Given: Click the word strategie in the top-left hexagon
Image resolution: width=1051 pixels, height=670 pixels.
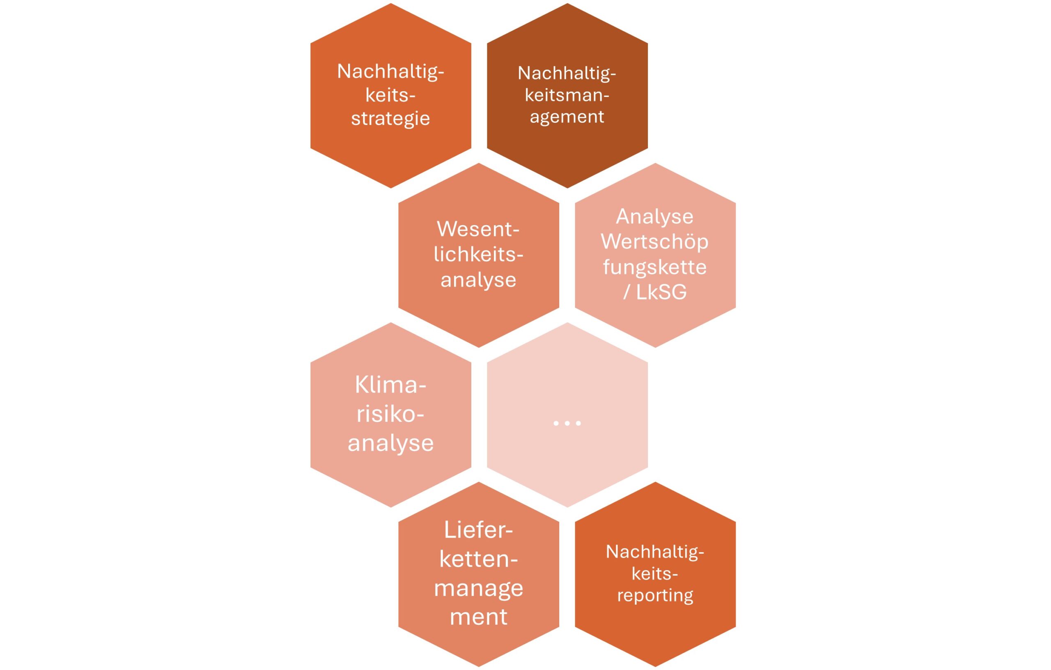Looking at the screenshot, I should point(390,119).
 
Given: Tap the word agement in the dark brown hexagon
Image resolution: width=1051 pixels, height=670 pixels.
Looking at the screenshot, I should point(567,117).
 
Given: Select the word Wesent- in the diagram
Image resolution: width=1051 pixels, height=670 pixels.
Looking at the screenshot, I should point(478,229).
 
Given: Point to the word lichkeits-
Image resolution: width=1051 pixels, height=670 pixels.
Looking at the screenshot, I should point(478,254).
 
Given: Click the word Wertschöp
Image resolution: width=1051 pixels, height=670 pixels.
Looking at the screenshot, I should point(654,242).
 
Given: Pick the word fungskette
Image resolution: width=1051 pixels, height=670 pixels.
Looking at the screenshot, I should point(654,267).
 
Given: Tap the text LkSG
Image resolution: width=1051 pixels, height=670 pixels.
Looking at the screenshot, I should point(661,292).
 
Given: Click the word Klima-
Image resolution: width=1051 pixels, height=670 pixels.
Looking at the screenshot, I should point(390,385).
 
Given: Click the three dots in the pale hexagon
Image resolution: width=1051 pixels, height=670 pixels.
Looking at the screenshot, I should point(567,423).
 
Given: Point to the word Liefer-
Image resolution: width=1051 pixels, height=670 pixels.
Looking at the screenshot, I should point(478,530).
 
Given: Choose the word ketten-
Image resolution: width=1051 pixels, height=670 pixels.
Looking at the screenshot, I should point(478,559).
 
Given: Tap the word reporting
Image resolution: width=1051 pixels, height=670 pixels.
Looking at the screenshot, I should point(655,595).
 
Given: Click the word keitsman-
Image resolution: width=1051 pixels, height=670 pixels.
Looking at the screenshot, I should point(567,95).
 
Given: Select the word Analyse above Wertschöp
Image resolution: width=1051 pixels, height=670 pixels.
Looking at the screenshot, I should point(654,216).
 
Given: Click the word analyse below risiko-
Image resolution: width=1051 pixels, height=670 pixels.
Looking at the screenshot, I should point(390,443).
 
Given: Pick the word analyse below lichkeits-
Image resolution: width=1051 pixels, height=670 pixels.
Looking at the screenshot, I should point(478,279).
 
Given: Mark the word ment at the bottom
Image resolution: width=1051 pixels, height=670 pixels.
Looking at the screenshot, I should point(478,616).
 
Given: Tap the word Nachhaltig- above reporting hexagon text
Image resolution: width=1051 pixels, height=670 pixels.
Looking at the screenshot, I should point(655,552).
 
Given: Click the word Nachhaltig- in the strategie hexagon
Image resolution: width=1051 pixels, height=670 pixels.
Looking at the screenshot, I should point(390,71).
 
